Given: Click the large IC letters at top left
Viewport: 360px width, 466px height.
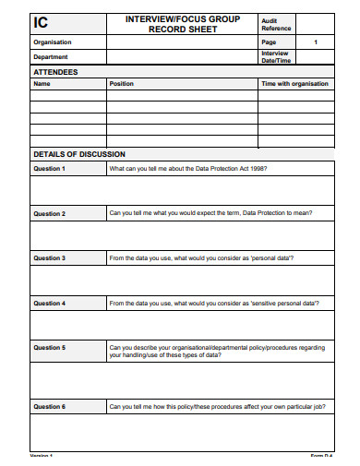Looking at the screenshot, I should pos(43,24).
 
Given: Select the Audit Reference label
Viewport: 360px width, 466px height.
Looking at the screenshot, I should pos(276,24).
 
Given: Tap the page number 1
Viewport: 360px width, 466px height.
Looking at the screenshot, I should pos(316,42).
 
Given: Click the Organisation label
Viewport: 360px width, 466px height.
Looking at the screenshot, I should pos(52,42).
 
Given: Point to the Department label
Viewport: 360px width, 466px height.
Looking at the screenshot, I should pos(51,56).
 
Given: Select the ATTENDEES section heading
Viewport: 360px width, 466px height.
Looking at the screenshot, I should pos(55,71).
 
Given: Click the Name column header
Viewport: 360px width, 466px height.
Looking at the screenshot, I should pos(42,83).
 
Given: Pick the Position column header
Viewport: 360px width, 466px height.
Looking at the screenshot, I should pos(121,83).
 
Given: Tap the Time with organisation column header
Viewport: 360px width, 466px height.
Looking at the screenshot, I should pos(295,83).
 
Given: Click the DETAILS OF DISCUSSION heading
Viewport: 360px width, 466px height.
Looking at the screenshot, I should pos(78,154).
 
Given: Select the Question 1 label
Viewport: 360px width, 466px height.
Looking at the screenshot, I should pos(49,169).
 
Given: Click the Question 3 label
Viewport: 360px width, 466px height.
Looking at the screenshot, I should pos(49,258).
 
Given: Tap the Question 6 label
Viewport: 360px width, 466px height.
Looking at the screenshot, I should pos(49,406).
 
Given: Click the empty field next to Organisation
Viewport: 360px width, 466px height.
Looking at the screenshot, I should pos(182,42).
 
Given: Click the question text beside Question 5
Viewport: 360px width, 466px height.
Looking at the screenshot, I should pos(216,351).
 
